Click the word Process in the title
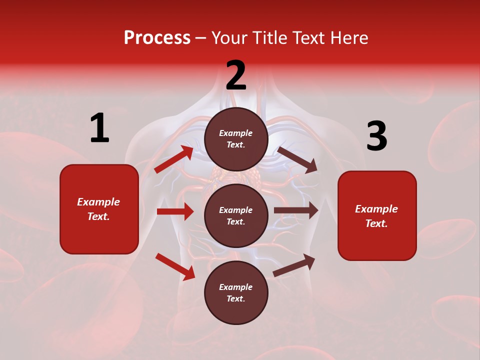click(157, 38)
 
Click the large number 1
click(99, 128)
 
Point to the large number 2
click(236, 75)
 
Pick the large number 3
click(376, 137)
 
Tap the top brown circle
click(236, 139)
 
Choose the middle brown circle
click(236, 215)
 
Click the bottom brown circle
click(236, 292)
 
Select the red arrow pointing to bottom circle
click(175, 266)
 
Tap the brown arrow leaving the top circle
click(297, 159)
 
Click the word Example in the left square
click(98, 202)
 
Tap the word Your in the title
click(229, 38)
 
